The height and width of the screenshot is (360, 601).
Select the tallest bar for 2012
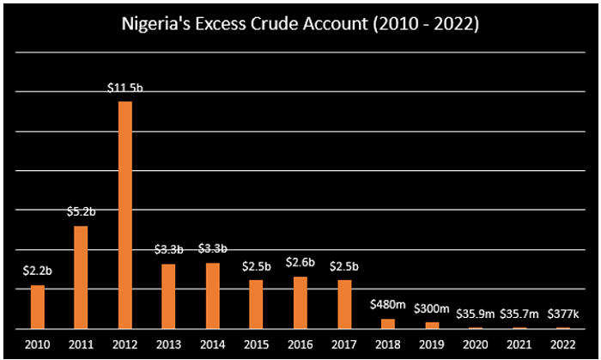tap(124, 215)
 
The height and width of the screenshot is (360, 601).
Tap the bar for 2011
tap(81, 277)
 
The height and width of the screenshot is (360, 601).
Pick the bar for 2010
tap(37, 307)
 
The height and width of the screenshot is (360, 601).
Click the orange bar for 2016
tap(300, 302)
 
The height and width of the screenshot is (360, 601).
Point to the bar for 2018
tap(387, 324)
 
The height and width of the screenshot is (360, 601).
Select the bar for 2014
tap(212, 296)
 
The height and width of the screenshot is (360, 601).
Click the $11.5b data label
tap(124, 88)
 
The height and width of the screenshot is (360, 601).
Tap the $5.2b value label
tap(82, 212)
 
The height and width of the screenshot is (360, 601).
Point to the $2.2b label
tap(38, 271)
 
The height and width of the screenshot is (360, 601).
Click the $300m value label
tap(431, 308)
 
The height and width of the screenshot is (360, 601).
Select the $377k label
tap(563, 313)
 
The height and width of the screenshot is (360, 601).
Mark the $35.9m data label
tap(475, 313)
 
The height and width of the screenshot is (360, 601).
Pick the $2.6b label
tap(300, 263)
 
